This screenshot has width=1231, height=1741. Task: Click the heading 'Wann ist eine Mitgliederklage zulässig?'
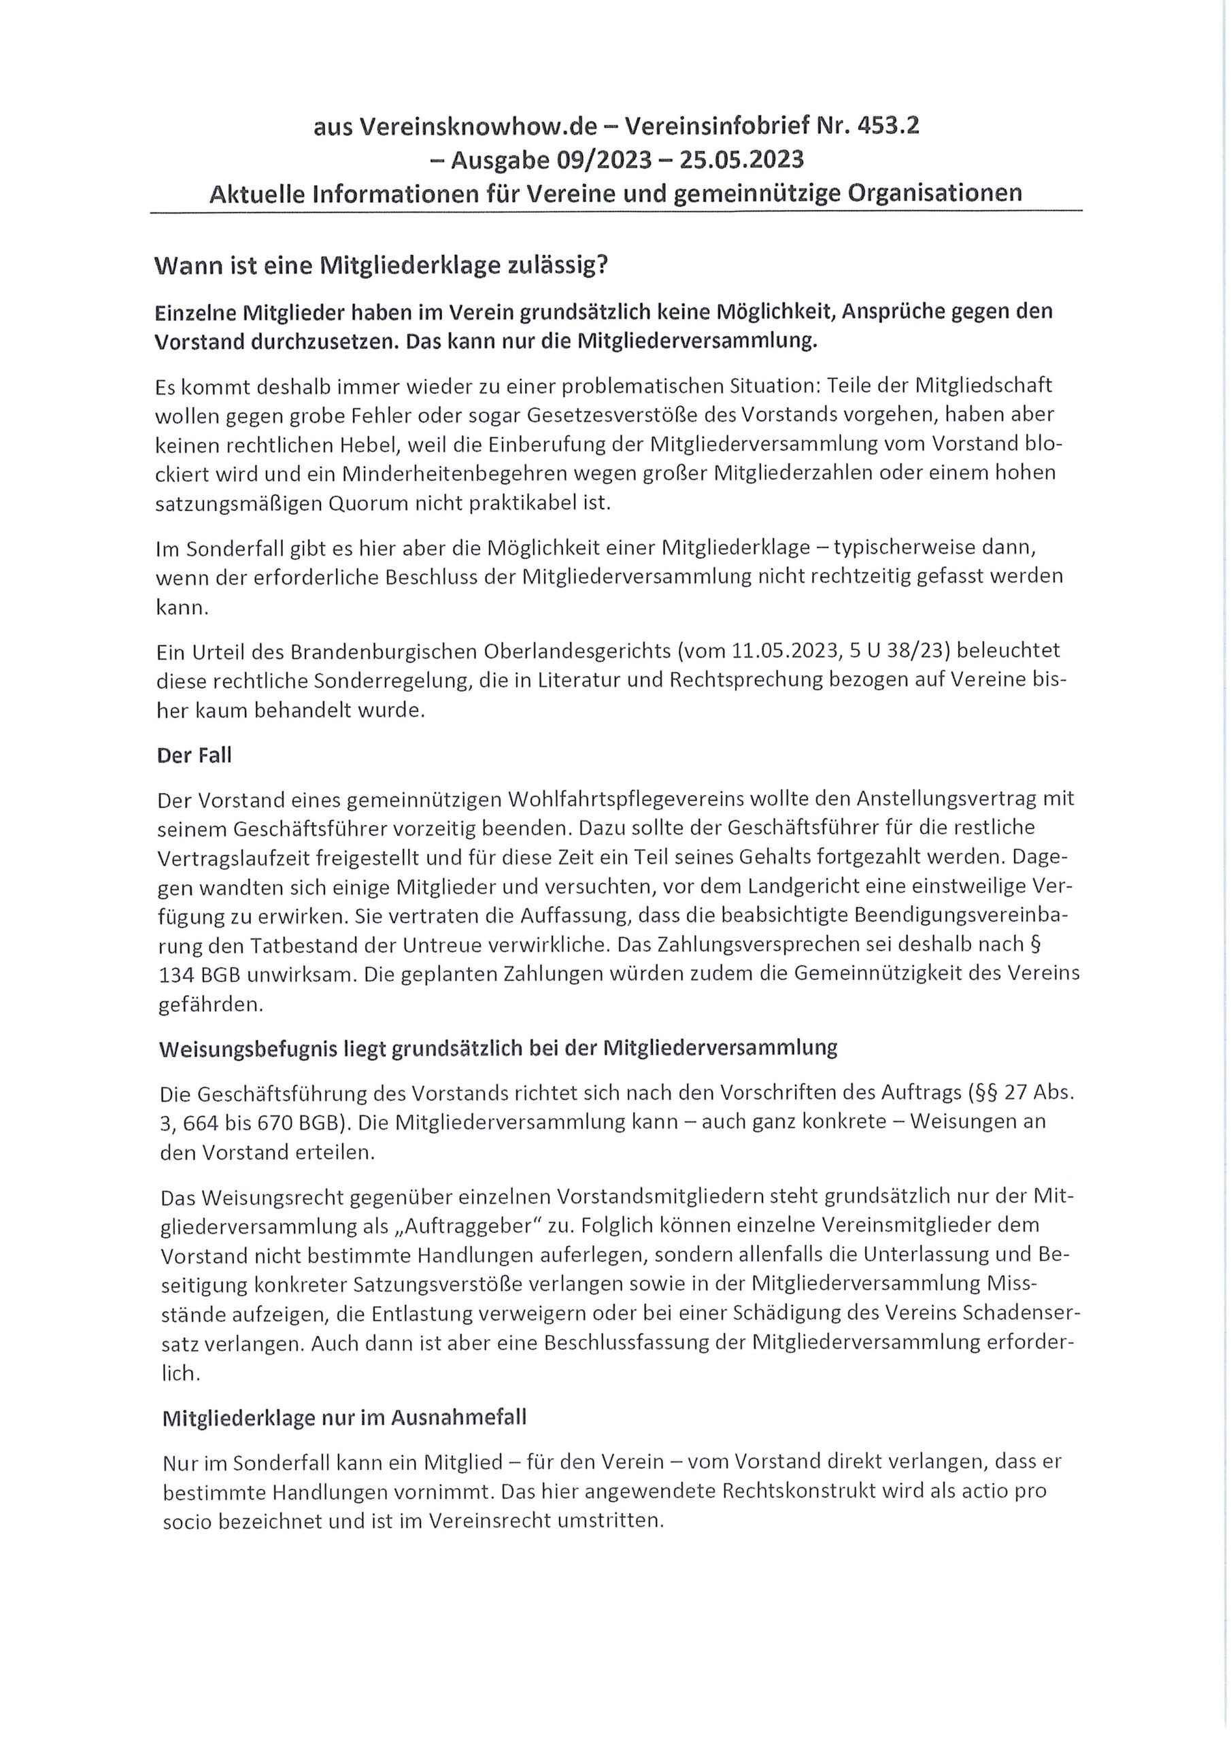point(382,265)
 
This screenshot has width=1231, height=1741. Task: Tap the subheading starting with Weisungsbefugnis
point(499,1049)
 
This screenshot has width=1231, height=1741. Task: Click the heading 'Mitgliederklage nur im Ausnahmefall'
point(344,1418)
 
